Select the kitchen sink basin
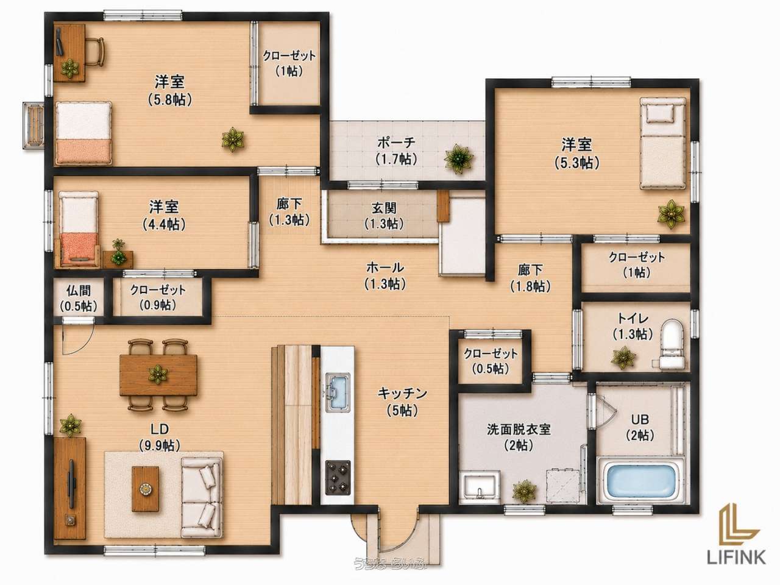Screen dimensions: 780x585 [x=338, y=393]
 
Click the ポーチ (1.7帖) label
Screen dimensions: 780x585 [x=396, y=151]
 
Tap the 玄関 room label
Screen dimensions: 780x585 [x=384, y=207]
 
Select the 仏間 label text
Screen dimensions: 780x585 [x=78, y=291]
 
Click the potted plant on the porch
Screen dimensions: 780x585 [x=459, y=158]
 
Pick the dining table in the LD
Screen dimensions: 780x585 [x=158, y=375]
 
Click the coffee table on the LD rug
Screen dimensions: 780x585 [x=146, y=489]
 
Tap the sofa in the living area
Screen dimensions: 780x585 [x=201, y=497]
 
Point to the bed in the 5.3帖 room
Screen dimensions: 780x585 [x=662, y=143]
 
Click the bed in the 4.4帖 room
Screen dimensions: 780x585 [x=79, y=229]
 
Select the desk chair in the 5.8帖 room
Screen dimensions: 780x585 [x=95, y=51]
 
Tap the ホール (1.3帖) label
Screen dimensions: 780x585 [x=385, y=275]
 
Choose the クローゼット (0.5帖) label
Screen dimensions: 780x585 [x=491, y=361]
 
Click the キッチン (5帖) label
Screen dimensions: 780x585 [x=402, y=402]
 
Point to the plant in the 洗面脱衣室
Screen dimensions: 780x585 [x=525, y=491]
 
